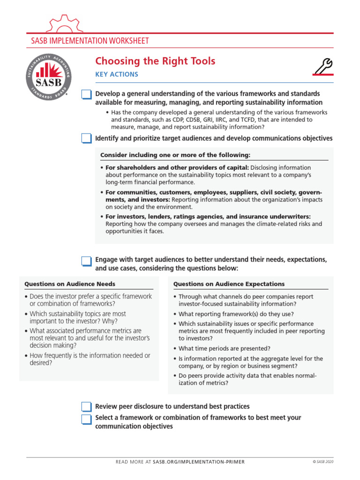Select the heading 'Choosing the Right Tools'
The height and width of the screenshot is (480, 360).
tap(155, 61)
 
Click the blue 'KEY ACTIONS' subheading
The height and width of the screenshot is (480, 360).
tap(117, 75)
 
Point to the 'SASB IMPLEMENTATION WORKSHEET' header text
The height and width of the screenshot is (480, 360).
tap(90, 41)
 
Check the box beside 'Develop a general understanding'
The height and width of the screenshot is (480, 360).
tap(87, 95)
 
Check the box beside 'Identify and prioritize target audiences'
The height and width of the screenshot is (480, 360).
tap(87, 138)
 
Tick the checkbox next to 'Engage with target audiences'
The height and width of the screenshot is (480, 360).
tap(87, 261)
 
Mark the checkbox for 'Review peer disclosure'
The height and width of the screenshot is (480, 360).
tap(87, 406)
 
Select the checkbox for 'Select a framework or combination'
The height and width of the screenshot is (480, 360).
tap(87, 419)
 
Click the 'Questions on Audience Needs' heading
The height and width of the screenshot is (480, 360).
tap(70, 284)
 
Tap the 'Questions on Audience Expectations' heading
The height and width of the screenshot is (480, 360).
tap(229, 284)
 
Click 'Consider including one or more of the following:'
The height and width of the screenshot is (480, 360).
tap(175, 155)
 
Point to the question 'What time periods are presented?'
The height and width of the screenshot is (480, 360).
tap(224, 348)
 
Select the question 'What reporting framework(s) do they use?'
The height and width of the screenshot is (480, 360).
tap(236, 314)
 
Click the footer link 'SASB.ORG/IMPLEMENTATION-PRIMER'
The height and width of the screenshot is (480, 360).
tap(199, 462)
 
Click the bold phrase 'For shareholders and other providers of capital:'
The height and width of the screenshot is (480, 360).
tap(177, 168)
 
